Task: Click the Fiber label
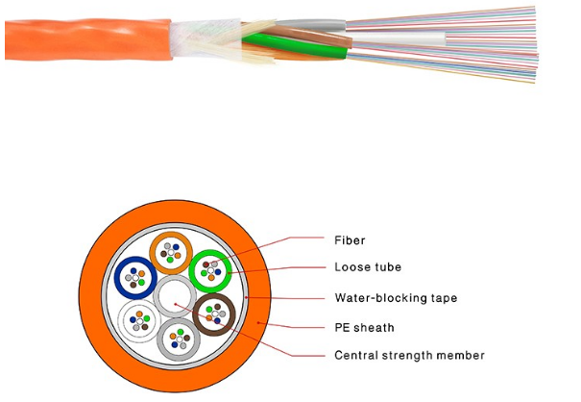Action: tap(351, 239)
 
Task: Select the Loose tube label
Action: tap(368, 268)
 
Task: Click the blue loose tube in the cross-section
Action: tap(135, 279)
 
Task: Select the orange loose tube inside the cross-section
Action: tap(174, 254)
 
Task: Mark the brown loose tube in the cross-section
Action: tap(215, 314)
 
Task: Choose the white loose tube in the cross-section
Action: tap(135, 319)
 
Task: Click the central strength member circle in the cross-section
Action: tap(176, 296)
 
